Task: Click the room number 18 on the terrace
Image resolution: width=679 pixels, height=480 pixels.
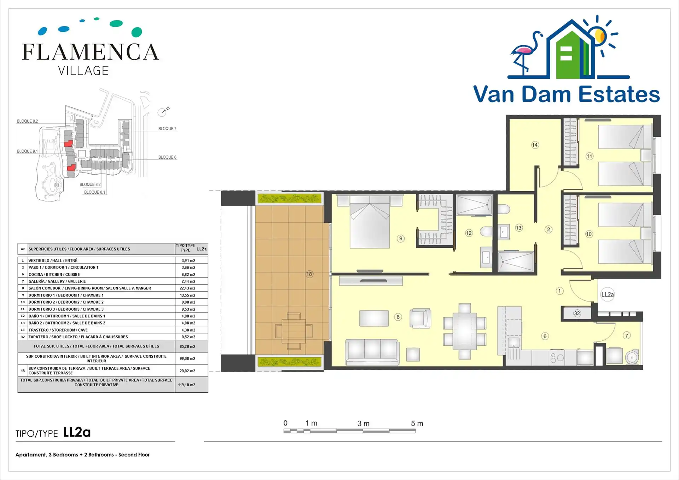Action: click(x=309, y=274)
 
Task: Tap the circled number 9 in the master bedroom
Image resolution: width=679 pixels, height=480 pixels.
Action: click(x=401, y=239)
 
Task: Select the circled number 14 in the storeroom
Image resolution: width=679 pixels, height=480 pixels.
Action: click(x=535, y=145)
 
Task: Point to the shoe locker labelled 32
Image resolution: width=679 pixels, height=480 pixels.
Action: click(x=577, y=313)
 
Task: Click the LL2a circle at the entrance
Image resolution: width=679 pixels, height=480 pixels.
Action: click(x=608, y=294)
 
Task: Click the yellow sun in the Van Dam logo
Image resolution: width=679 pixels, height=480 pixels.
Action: click(x=600, y=36)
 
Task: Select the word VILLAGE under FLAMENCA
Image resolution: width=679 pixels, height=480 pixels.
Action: click(x=83, y=71)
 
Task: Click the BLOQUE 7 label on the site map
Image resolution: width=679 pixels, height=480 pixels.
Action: click(x=167, y=129)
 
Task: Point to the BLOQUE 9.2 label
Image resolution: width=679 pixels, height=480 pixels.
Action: click(x=28, y=121)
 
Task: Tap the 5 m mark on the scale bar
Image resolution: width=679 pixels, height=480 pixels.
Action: click(x=417, y=423)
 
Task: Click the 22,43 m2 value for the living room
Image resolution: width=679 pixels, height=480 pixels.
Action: click(x=187, y=288)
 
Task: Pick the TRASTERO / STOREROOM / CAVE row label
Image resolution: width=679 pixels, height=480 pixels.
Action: click(x=58, y=330)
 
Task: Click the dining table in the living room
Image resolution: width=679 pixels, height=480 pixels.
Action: click(x=465, y=331)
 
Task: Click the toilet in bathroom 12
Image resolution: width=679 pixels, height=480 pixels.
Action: click(x=486, y=232)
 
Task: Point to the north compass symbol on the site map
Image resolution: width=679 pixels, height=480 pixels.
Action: click(x=163, y=112)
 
